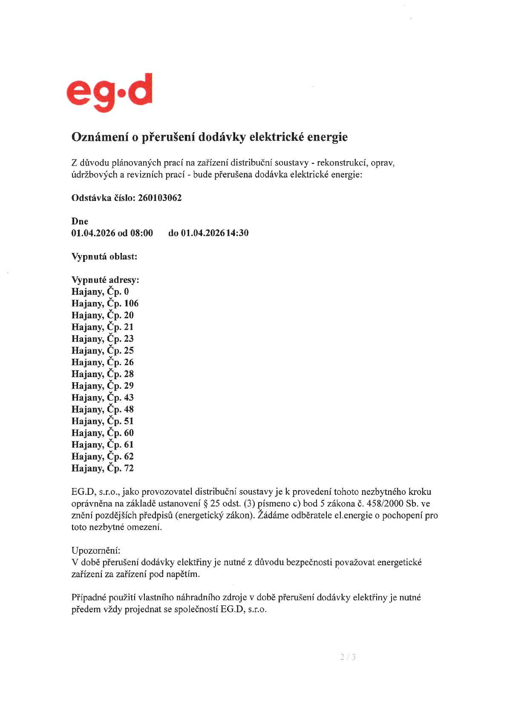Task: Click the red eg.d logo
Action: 109,93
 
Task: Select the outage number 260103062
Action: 160,198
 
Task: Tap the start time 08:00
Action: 141,233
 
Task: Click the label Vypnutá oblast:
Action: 104,257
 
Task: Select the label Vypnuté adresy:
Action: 105,280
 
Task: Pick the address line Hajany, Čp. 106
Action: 105,304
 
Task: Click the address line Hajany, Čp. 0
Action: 100,292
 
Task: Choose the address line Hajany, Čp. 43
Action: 103,398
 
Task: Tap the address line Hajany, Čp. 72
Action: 103,468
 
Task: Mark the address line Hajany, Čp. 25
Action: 103,351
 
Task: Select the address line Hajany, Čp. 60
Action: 103,433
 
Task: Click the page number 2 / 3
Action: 348,657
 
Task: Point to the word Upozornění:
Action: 96,550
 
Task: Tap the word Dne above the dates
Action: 80,221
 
